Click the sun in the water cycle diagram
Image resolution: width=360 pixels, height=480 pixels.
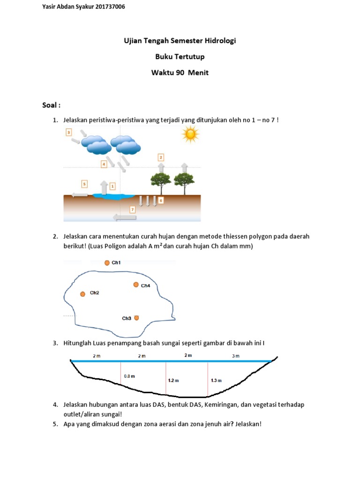tap(190, 135)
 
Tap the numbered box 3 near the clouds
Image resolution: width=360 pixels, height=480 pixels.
tap(69, 132)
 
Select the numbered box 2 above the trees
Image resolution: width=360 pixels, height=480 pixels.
tap(161, 157)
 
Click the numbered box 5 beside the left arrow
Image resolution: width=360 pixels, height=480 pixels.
tap(84, 184)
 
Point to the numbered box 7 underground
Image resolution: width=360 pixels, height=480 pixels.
tap(133, 210)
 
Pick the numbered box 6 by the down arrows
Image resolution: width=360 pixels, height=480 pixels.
tap(161, 201)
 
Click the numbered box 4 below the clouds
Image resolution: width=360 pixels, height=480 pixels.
tap(104, 164)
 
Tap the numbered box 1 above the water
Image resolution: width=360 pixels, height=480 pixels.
tap(112, 186)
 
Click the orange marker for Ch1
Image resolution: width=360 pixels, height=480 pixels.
tap(107, 262)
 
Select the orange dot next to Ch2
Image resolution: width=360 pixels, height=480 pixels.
tap(82, 294)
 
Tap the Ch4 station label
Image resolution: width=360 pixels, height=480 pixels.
tap(145, 285)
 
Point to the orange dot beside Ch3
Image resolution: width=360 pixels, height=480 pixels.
tap(136, 318)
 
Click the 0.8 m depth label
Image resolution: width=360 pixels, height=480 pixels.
tap(129, 376)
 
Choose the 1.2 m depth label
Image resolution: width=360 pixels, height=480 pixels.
tap(173, 381)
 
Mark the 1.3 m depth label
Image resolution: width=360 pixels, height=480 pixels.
tap(216, 381)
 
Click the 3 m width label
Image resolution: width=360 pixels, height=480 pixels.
tap(236, 356)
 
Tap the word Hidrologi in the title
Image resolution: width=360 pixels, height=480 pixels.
tap(220, 41)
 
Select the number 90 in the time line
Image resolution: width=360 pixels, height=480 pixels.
tap(180, 73)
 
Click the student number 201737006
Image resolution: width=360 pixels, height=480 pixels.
tap(110, 7)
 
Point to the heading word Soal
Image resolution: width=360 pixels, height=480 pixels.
tap(50, 105)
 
